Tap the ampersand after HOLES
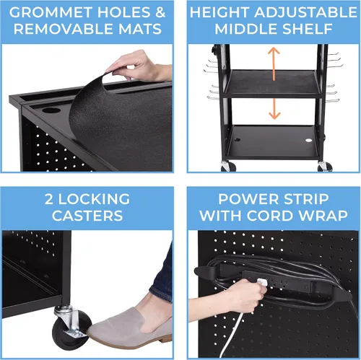pyautogui.click(x=160, y=12)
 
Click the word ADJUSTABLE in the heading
pyautogui.click(x=305, y=12)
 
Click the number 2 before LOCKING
pyautogui.click(x=49, y=199)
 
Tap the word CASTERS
pyautogui.click(x=87, y=216)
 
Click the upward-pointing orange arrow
pyautogui.click(x=274, y=63)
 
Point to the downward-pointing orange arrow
pyautogui.click(x=274, y=109)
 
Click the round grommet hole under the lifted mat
pyautogui.click(x=51, y=110)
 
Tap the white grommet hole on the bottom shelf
pyautogui.click(x=308, y=140)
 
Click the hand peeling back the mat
pyautogui.click(x=139, y=66)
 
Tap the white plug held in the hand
pyautogui.click(x=262, y=282)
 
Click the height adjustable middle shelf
pyautogui.click(x=272, y=84)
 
